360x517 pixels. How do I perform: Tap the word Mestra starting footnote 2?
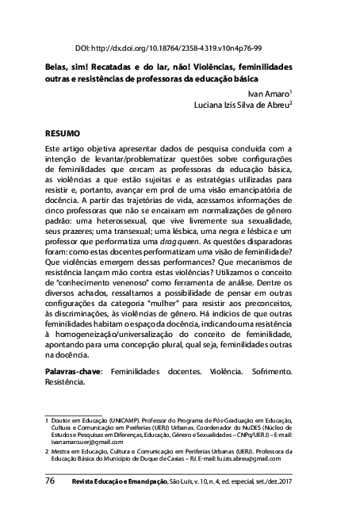pos(62,450)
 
